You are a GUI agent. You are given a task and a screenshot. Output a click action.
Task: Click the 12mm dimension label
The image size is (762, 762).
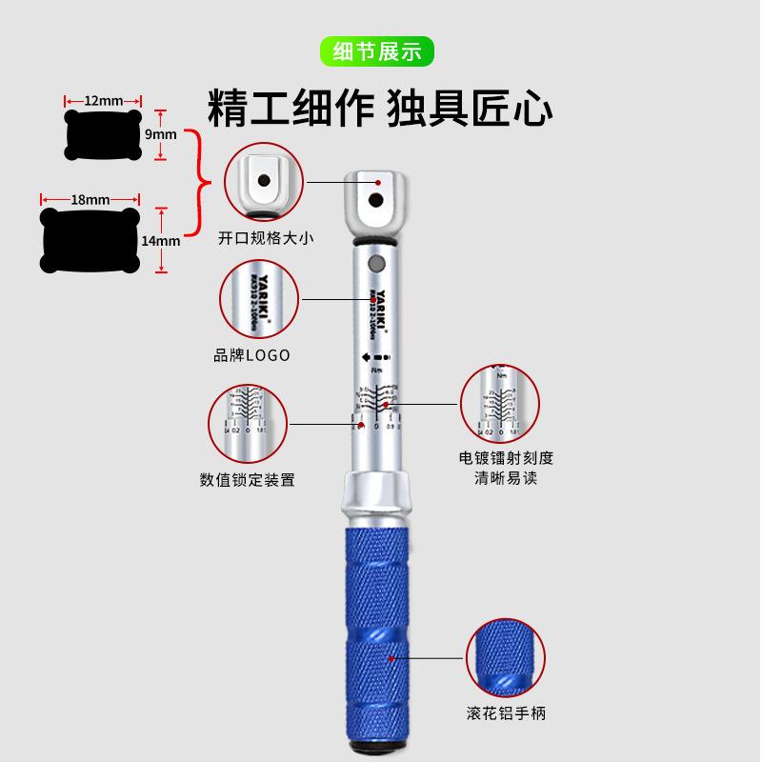103,100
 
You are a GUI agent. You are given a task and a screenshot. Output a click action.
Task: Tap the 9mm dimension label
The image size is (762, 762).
160,134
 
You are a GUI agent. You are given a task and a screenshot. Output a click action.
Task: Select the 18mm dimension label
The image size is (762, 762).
90,199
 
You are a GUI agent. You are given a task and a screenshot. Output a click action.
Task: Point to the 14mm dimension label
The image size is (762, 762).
160,241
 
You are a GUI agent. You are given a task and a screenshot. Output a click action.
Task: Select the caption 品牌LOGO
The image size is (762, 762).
251,354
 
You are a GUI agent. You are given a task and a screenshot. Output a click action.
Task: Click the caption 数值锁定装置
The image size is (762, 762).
248,479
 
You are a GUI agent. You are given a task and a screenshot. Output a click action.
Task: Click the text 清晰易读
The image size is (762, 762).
506,477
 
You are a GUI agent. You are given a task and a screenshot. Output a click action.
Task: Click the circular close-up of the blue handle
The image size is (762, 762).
505,657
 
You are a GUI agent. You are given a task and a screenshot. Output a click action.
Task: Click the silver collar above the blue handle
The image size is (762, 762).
378,492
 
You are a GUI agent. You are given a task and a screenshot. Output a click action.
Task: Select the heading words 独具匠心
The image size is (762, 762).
470,107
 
